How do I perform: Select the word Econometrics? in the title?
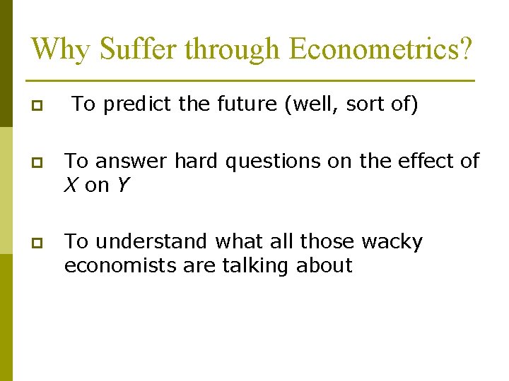(381, 49)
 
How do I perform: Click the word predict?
(135, 104)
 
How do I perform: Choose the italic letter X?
(71, 186)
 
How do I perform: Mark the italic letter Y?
(122, 186)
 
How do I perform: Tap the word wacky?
(392, 242)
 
